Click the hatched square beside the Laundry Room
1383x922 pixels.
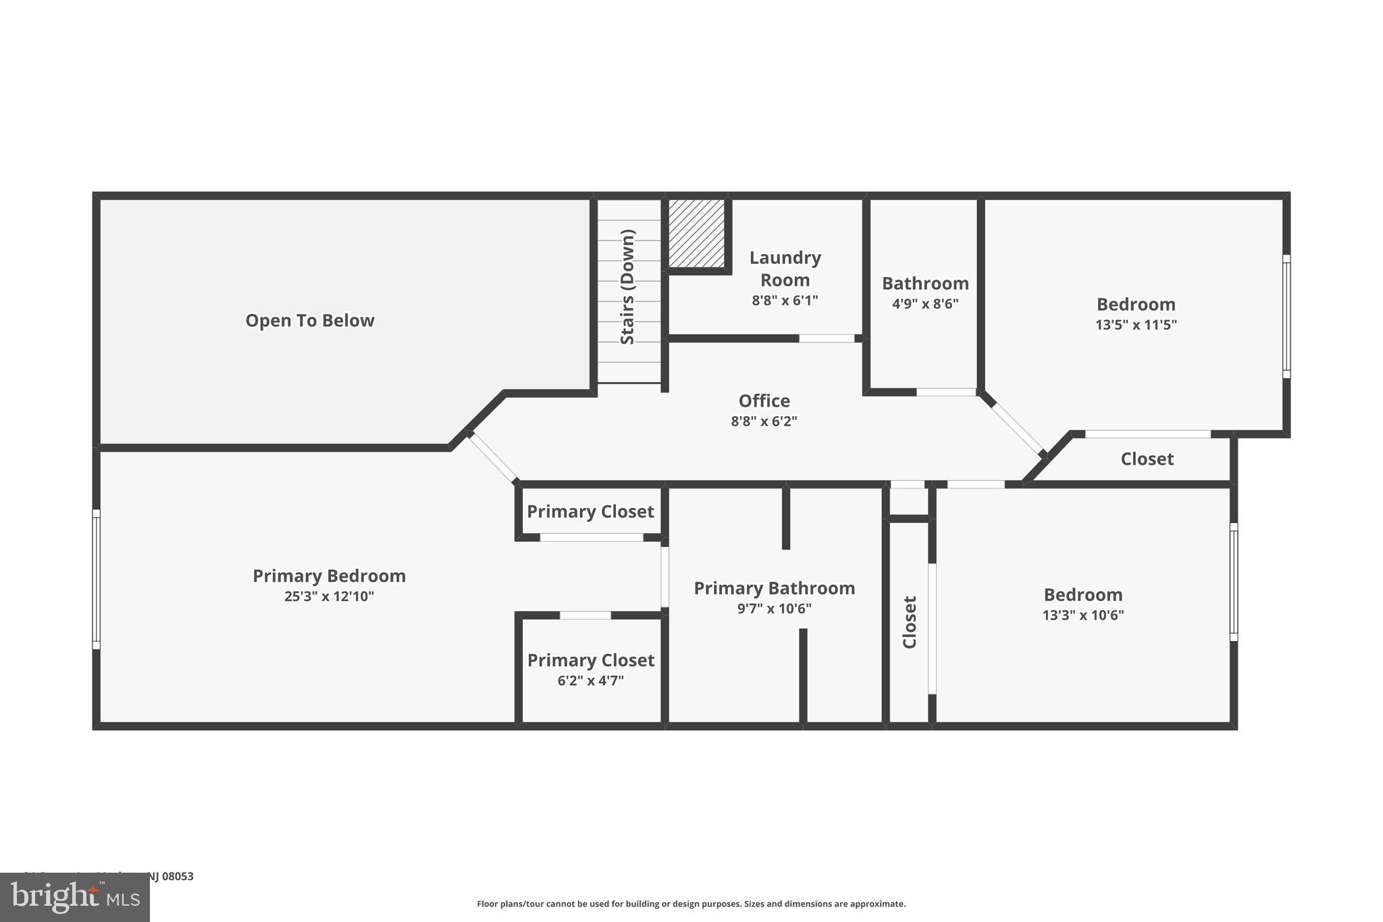click(696, 233)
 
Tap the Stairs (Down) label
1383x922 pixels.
click(627, 287)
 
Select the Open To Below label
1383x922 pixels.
click(309, 320)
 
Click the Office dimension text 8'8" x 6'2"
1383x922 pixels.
click(764, 421)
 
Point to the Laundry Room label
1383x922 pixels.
click(785, 268)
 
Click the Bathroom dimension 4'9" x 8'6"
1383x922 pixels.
click(924, 304)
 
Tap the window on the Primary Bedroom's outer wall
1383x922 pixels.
click(97, 579)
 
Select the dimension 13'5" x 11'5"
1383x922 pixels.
click(1135, 325)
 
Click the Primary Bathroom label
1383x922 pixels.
click(774, 588)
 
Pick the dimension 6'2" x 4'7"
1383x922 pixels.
click(590, 681)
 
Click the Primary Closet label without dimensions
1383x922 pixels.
click(590, 511)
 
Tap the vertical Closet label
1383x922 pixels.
click(910, 622)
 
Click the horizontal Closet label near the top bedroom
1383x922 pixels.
click(1147, 459)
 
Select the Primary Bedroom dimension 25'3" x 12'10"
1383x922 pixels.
click(329, 596)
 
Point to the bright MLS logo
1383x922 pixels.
click(75, 897)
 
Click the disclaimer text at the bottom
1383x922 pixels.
click(691, 904)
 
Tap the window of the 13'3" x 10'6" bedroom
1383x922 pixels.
click(1233, 582)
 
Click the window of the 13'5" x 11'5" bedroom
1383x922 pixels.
click(1286, 316)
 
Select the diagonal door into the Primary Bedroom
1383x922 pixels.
click(493, 457)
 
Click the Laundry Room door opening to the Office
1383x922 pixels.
click(827, 338)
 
